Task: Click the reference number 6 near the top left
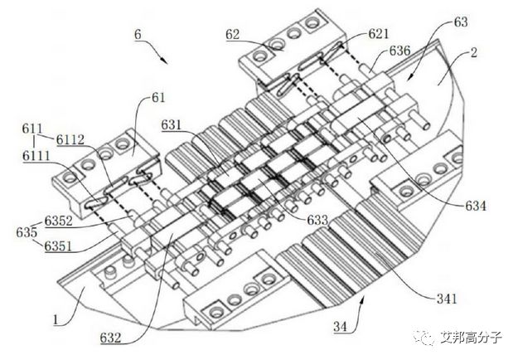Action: [138, 34]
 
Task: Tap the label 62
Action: [233, 34]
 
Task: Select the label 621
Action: [379, 34]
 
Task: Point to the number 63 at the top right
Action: [461, 22]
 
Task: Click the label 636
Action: [399, 51]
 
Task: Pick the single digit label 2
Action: [474, 52]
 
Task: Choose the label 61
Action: [158, 98]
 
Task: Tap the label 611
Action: [32, 129]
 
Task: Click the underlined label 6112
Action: [70, 140]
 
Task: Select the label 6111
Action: [36, 156]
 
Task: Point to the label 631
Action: [172, 125]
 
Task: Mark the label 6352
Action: [59, 221]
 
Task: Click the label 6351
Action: [59, 246]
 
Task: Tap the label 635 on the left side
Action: [27, 233]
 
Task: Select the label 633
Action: [317, 220]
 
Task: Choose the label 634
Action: [476, 206]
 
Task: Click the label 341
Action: [447, 299]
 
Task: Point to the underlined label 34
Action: [341, 327]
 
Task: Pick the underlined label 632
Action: [111, 338]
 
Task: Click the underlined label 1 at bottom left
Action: [56, 319]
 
